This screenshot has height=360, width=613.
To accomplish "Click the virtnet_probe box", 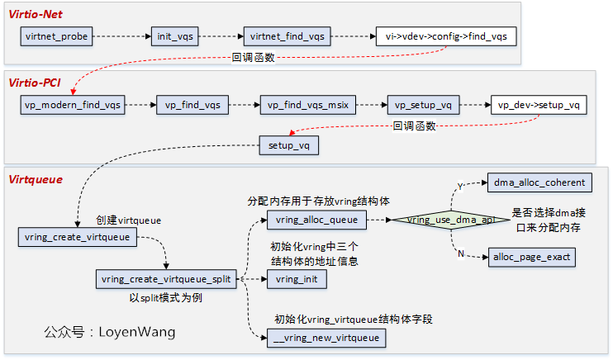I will pyautogui.click(x=56, y=36).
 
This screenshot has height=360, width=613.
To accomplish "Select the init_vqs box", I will pyautogui.click(x=175, y=36).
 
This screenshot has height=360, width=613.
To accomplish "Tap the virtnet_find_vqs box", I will pyautogui.click(x=287, y=36).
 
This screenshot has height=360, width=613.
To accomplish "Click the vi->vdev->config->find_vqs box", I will pyautogui.click(x=447, y=36).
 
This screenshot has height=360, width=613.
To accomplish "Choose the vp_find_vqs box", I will pyautogui.click(x=192, y=105).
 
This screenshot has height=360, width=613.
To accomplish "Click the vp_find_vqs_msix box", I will pyautogui.click(x=306, y=105).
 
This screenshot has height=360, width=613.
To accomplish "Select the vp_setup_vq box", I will pyautogui.click(x=422, y=105).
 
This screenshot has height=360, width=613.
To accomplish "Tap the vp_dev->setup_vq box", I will pyautogui.click(x=539, y=105).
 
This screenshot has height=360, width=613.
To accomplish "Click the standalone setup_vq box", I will pyautogui.click(x=289, y=145).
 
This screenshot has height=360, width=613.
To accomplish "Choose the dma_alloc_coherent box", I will pyautogui.click(x=539, y=182).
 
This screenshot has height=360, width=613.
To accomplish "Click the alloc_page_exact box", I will pyautogui.click(x=530, y=257).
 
